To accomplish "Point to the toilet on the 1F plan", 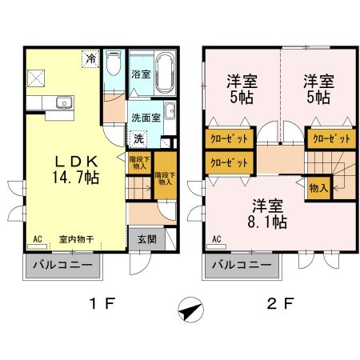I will coord(113,63).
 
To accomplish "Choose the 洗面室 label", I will coord(146,117).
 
